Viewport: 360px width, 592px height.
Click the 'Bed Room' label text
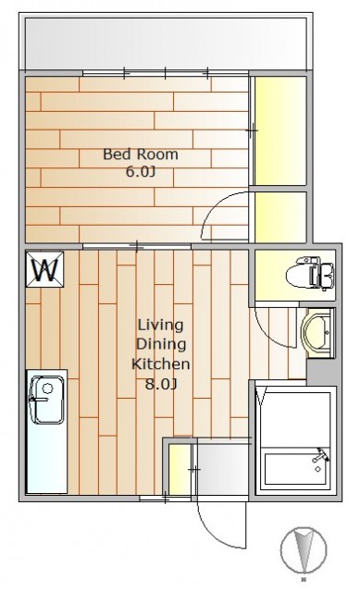(141, 154)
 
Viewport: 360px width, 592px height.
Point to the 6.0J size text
(141, 172)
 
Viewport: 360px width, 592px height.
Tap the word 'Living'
(160, 326)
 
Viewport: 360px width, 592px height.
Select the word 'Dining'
(161, 344)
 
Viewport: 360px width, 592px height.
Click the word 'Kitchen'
(160, 364)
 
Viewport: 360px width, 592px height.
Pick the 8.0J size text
(161, 384)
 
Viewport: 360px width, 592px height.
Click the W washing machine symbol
(45, 269)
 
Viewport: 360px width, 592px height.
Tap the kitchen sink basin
(47, 400)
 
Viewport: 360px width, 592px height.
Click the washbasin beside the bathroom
(318, 333)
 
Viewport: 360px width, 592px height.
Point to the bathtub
(296, 469)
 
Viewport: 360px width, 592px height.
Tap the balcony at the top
(166, 43)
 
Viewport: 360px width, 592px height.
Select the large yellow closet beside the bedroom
(279, 130)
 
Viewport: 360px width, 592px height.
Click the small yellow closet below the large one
(279, 217)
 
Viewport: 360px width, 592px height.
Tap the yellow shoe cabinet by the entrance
(180, 469)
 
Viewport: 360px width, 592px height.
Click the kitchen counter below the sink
(47, 458)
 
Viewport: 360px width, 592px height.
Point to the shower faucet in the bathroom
(320, 455)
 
